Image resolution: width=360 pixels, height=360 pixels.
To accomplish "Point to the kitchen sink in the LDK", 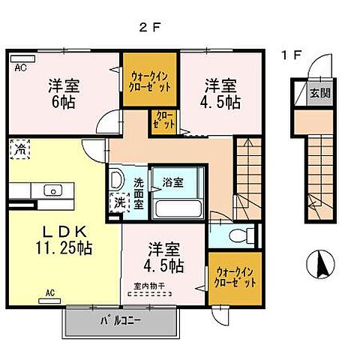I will (x=55, y=190).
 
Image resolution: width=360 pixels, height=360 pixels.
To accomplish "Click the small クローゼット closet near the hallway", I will (x=163, y=120).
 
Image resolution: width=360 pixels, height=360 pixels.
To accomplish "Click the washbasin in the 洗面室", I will (x=116, y=180).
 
